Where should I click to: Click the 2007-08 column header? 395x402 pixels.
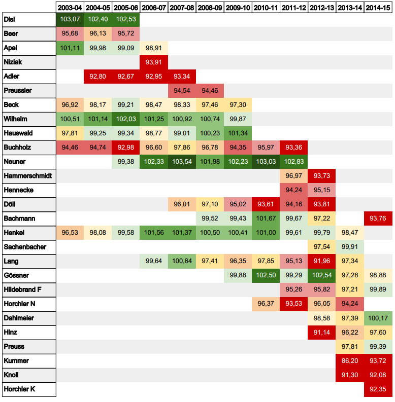[x=182, y=8]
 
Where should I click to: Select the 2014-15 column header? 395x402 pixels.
[x=378, y=8]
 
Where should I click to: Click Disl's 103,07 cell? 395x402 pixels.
[x=70, y=19]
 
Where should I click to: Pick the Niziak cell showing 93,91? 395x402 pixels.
[x=154, y=62]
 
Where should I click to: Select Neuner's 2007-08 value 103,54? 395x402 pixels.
[x=182, y=161]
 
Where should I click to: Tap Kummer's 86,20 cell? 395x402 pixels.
[x=350, y=360]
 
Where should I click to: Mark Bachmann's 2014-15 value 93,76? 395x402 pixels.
[x=378, y=218]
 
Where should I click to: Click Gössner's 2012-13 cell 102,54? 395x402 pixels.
[x=322, y=275]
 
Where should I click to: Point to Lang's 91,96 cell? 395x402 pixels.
[x=322, y=261]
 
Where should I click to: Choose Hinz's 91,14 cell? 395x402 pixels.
[x=322, y=332]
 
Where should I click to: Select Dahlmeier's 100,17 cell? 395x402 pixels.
[x=378, y=318]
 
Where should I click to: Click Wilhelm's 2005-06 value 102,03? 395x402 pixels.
[x=125, y=119]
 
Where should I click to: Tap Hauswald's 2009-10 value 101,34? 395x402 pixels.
[x=238, y=133]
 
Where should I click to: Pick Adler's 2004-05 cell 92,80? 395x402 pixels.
[x=97, y=76]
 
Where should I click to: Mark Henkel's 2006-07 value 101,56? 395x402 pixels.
[x=154, y=232]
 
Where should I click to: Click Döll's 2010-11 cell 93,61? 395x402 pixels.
[x=266, y=204]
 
